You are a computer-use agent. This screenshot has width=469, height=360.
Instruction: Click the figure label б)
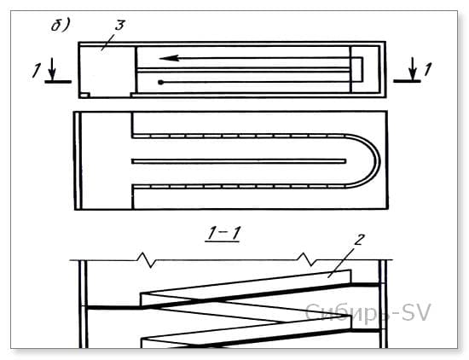tap(61, 25)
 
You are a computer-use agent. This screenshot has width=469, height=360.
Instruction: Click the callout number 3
tap(120, 25)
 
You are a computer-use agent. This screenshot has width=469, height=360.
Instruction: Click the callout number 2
tap(359, 240)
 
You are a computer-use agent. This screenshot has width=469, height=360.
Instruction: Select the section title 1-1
tap(223, 233)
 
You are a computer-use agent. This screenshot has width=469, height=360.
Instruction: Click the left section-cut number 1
tap(36, 71)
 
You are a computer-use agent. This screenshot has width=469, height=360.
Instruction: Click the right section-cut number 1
tap(428, 69)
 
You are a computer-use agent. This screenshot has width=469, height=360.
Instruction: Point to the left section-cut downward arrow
tap(52, 68)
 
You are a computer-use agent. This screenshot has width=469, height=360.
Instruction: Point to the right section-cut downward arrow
tap(413, 68)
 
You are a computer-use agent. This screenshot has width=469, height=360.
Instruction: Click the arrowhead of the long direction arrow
tap(169, 58)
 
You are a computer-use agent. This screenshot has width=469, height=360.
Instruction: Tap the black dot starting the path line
tap(161, 82)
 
